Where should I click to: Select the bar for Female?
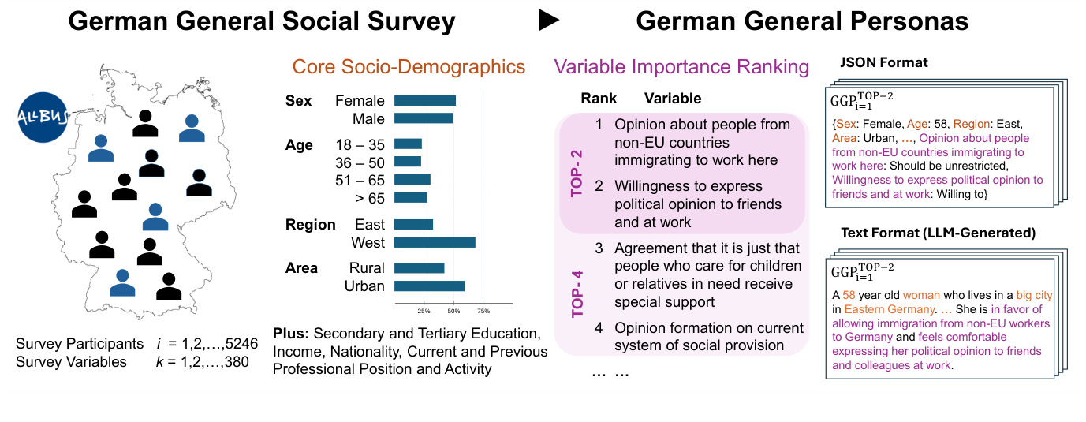pos(424,101)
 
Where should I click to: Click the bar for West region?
pos(434,243)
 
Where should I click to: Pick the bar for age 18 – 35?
pos(408,144)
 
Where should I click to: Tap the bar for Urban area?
pos(428,286)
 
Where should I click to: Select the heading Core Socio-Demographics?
pos(408,66)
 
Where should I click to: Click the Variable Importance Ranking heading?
pos(681,67)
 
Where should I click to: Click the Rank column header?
pos(599,99)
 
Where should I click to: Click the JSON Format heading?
pos(884,62)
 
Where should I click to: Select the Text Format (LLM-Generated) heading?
pos(938,233)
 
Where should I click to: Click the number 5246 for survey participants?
pos(241,345)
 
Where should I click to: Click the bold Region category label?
pos(310,225)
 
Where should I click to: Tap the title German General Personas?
pos(802,21)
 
